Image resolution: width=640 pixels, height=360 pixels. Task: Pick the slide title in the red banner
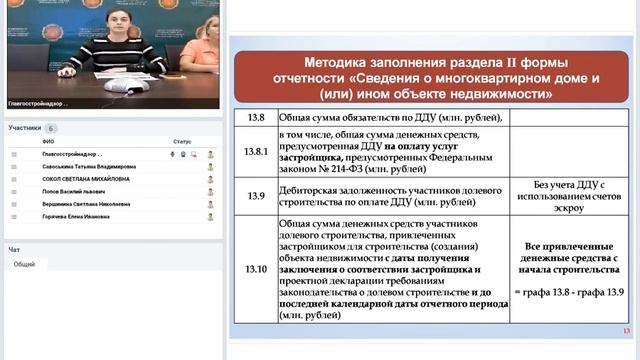click(423, 72)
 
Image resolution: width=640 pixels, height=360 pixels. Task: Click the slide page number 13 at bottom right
click(625, 332)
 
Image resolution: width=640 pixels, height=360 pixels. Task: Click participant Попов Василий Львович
click(69, 190)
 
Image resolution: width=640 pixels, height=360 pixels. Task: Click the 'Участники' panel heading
click(24, 128)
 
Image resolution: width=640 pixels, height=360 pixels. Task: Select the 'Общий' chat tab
click(25, 264)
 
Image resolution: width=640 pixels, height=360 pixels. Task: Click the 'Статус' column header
click(181, 142)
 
